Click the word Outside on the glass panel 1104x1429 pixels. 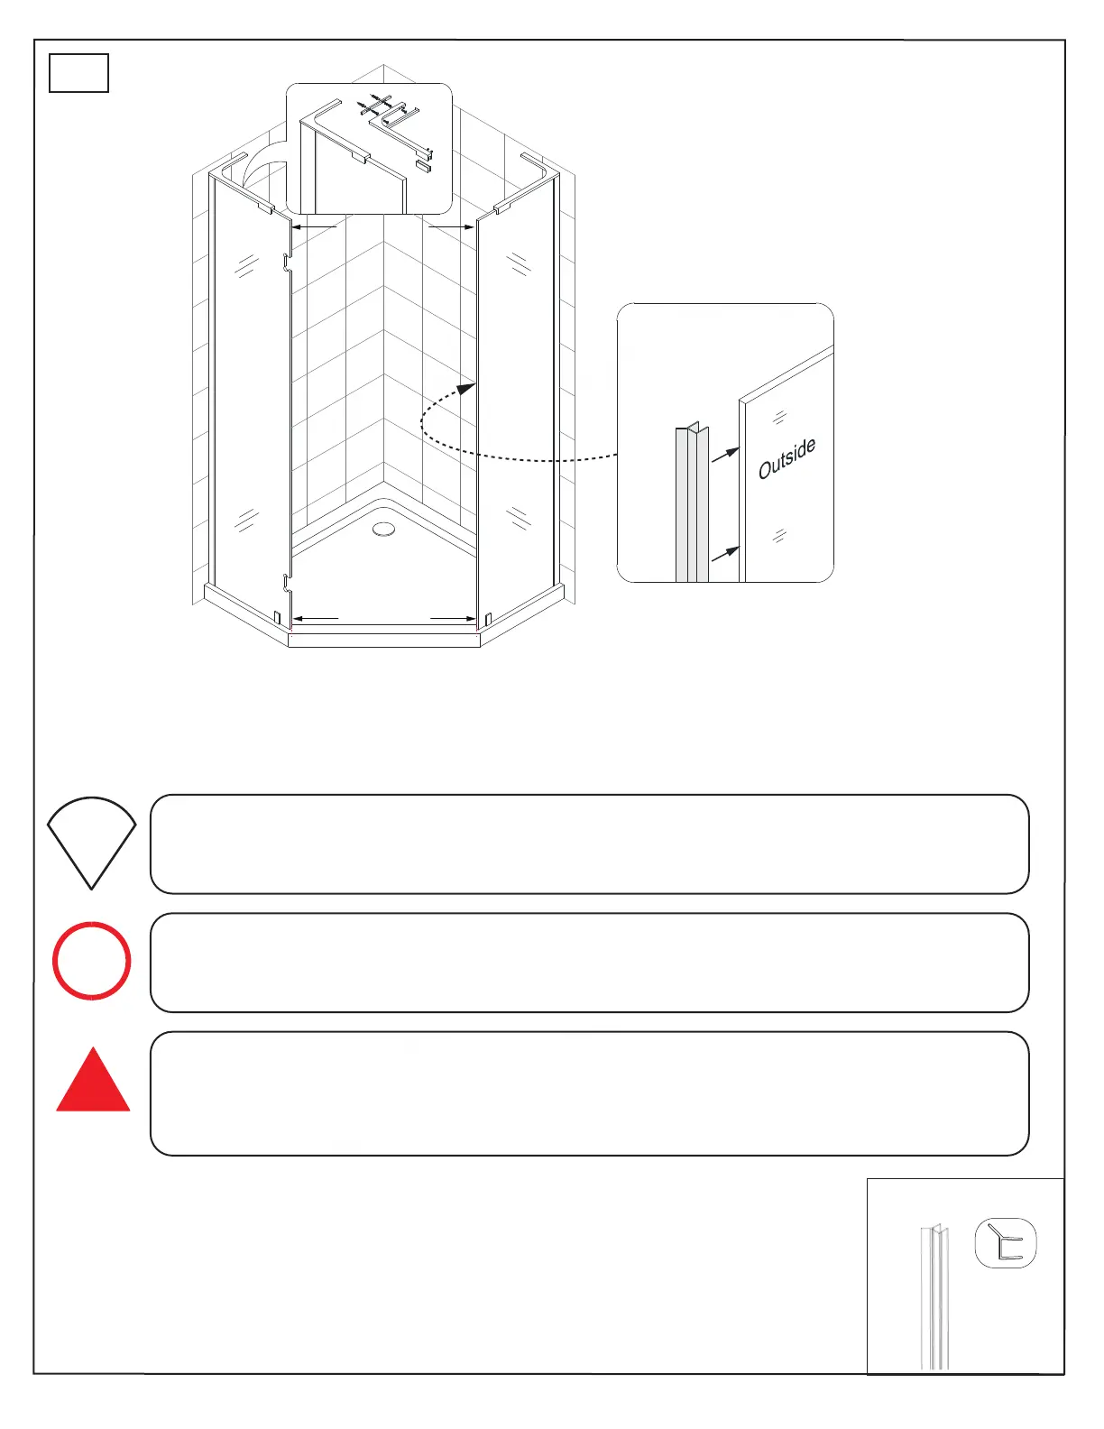point(787,458)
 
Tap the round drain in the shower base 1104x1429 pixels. point(384,529)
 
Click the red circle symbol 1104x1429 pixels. point(91,960)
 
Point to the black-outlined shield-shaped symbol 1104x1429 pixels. point(91,839)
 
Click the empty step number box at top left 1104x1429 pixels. point(78,73)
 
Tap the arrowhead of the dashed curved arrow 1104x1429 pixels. point(466,389)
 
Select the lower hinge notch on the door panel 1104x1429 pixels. point(286,584)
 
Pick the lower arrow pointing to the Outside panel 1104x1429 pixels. point(726,552)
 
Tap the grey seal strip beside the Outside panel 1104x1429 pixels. point(692,505)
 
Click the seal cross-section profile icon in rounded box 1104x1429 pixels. point(1006,1242)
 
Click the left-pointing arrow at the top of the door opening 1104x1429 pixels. point(314,227)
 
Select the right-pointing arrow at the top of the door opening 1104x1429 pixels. point(451,227)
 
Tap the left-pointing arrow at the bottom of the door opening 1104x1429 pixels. point(316,619)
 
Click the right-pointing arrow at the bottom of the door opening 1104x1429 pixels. point(454,619)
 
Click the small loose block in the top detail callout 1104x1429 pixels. point(423,167)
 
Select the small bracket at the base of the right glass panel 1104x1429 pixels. point(487,620)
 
